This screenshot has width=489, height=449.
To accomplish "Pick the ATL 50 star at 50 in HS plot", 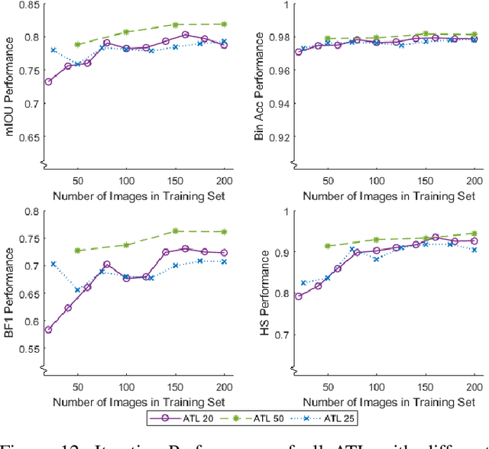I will pos(328,247).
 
